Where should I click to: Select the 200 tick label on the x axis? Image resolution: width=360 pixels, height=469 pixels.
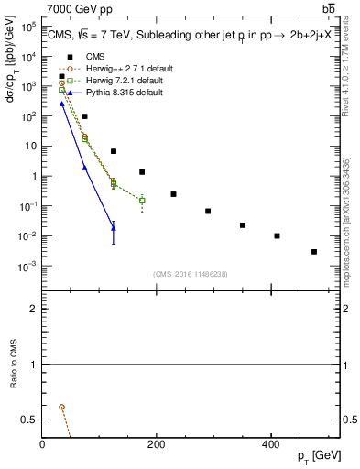[x=156, y=444]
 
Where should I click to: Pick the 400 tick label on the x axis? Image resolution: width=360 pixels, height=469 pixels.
[x=269, y=444]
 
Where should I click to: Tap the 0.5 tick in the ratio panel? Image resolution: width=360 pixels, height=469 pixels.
[x=29, y=420]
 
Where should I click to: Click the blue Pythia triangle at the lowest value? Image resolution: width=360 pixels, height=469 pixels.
[x=114, y=228]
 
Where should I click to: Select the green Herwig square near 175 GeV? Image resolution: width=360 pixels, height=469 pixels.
[x=142, y=200]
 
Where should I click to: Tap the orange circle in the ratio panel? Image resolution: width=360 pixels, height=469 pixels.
[x=61, y=407]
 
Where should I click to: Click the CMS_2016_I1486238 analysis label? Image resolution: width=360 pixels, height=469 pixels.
[x=191, y=274]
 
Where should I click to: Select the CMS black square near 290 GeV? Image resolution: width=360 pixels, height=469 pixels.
[x=208, y=211]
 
